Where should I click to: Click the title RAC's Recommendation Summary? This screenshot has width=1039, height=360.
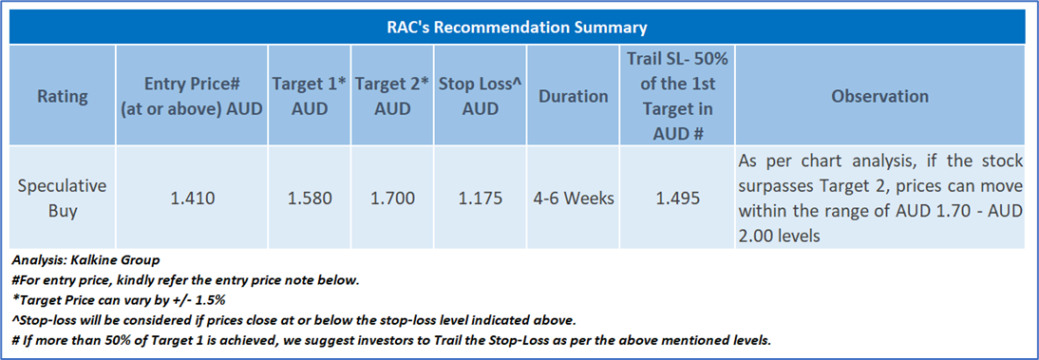(x=517, y=28)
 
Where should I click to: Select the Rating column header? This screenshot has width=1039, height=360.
(x=62, y=96)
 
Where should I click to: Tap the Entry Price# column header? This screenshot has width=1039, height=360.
(x=192, y=96)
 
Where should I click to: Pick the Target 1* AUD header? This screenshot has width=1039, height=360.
(x=310, y=96)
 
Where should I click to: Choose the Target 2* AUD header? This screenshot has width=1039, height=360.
(x=392, y=96)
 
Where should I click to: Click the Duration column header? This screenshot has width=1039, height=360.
(x=573, y=96)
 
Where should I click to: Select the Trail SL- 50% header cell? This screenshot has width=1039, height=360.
(x=676, y=96)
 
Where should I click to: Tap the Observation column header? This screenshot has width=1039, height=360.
(x=879, y=96)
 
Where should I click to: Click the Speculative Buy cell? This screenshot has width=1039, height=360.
(x=62, y=199)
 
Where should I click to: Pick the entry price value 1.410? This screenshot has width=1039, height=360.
(x=192, y=199)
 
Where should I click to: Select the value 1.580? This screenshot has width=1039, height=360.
(x=310, y=199)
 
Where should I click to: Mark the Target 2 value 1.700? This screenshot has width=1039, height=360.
(x=392, y=199)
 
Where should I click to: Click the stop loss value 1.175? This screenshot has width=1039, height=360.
(x=480, y=199)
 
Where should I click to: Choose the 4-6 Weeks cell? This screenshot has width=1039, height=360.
(x=573, y=199)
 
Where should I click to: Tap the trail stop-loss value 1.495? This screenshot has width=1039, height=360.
(x=676, y=199)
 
